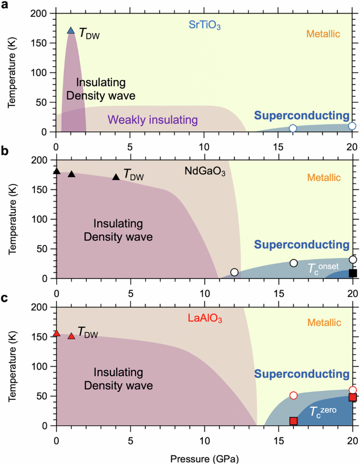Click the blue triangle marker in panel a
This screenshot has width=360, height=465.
pos(71,30)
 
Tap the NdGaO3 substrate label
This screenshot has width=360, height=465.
pos(204,171)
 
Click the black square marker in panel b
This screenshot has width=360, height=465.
pos(353,273)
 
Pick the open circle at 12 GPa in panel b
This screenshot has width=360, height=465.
pos(234,272)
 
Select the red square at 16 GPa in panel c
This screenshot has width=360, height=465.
pos(294,421)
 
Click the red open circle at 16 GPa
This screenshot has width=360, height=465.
pos(294,396)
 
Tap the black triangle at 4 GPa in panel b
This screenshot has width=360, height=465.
pos(116,177)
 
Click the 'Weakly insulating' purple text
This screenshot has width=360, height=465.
pos(153,120)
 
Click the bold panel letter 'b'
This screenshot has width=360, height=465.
pos(5,151)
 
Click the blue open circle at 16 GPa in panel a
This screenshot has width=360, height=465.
pos(293,128)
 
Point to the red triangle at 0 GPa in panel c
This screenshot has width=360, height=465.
pos(57,334)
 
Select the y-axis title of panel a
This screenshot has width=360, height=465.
pos(11,73)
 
